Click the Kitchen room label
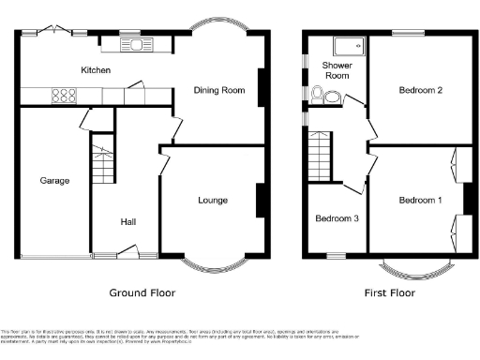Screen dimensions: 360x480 pos(96,70)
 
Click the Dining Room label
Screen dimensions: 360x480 pos(218,90)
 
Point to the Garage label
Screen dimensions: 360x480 pos(54,180)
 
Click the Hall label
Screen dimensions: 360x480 pos(129,222)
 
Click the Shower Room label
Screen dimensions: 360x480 pos(337,70)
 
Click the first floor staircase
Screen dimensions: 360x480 pos(322,154)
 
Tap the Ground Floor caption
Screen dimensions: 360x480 pos(142,292)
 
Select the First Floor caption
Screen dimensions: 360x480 pos(389,292)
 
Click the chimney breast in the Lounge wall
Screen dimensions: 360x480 pos(260,200)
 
